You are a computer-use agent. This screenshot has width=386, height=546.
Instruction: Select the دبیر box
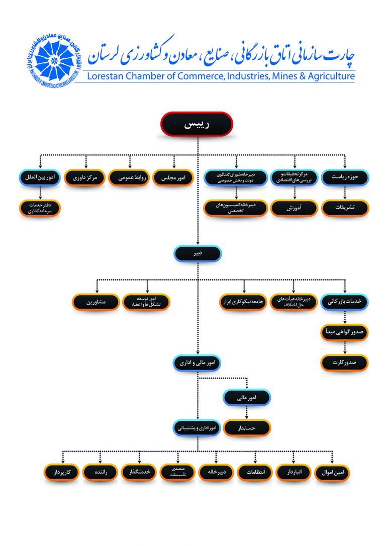tap(198, 253)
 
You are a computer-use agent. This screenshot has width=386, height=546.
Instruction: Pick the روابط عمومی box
tap(129, 177)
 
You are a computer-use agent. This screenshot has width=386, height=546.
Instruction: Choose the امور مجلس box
tap(173, 177)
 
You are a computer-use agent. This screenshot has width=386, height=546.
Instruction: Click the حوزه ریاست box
tap(345, 177)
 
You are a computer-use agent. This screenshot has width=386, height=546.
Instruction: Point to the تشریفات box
tap(345, 207)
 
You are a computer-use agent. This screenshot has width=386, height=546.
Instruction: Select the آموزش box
tap(294, 207)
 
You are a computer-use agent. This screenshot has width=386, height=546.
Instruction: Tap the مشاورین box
tap(95, 302)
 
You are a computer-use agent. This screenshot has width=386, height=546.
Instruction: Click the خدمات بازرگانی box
tap(344, 302)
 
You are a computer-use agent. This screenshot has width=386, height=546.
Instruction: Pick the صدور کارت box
tap(344, 362)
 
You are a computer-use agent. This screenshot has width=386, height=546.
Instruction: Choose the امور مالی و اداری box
tap(198, 362)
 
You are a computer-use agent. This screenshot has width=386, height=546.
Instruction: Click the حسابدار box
tap(247, 427)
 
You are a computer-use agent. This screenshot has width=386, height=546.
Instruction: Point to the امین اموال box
tap(332, 473)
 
